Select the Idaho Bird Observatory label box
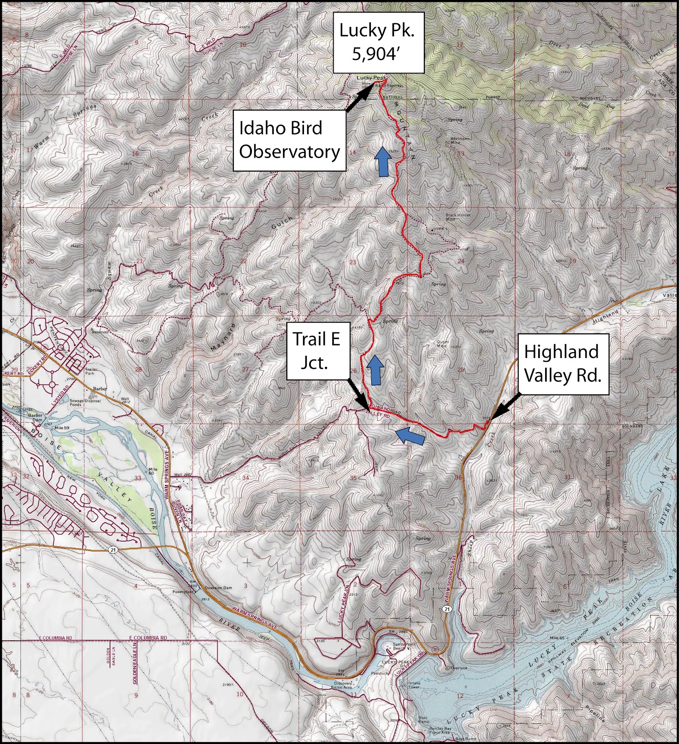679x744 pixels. pos(289,140)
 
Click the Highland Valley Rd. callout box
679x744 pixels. pos(562,364)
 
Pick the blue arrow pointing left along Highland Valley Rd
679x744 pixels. pos(409,436)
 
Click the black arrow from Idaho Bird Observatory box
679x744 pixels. pos(359,99)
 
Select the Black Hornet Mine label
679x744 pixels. pos(458,217)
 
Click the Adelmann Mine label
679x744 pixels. pos(460,140)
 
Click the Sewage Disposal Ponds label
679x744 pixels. pos(75,402)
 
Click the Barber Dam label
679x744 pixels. pos(34,418)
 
